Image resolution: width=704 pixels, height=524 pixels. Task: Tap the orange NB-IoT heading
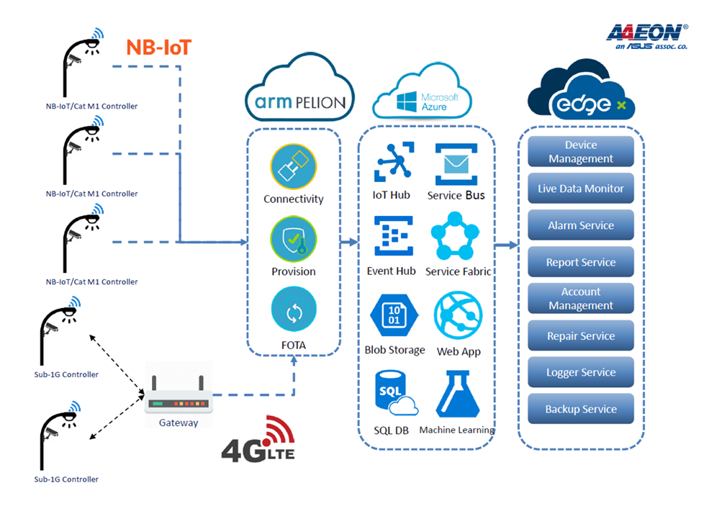point(159,48)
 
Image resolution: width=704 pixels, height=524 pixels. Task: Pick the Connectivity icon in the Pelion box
point(293,168)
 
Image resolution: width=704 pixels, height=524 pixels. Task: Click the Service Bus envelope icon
point(456,165)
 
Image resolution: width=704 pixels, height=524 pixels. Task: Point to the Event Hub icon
point(392,237)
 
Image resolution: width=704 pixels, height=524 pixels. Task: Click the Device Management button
point(581,152)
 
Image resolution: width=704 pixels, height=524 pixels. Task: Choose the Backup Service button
point(581,409)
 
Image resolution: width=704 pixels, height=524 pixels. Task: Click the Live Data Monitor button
point(581,189)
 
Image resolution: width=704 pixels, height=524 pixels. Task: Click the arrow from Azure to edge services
point(507,245)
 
